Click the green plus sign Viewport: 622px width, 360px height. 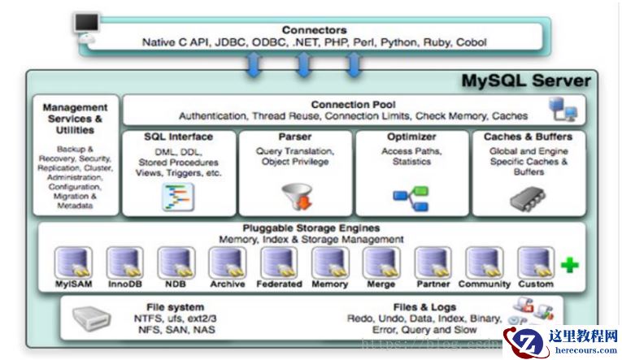[x=570, y=264]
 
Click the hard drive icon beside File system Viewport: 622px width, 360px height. [x=92, y=319]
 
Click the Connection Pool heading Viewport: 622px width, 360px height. [x=352, y=105]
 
